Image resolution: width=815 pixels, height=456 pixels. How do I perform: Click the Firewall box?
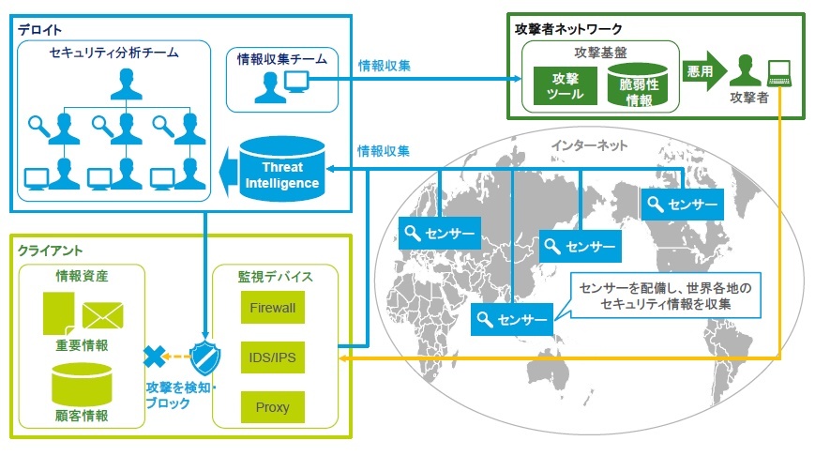(272, 307)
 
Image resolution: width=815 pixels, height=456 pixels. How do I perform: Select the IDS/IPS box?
(272, 357)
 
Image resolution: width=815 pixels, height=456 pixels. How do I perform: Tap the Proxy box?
(272, 407)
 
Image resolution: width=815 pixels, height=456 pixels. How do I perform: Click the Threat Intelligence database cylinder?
(282, 171)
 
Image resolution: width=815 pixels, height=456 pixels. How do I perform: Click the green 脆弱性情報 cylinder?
(639, 86)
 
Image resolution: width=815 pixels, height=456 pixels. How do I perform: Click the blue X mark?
(154, 357)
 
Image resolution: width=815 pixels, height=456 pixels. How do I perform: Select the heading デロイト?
(36, 31)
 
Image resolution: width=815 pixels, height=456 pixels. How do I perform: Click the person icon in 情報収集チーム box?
(269, 87)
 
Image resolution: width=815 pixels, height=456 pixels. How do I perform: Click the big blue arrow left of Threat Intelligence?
(226, 172)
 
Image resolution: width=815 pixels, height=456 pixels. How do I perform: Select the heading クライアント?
(50, 251)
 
